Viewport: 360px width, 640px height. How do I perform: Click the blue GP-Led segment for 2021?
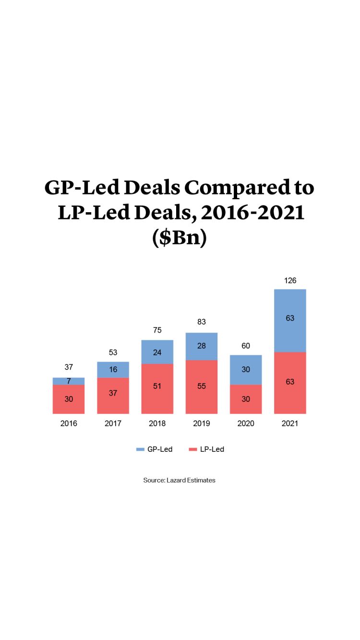coord(290,320)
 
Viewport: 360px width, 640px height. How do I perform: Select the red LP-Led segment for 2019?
coord(202,386)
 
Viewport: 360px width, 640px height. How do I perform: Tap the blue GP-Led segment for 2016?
coord(69,381)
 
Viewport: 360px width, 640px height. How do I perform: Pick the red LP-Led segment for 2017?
coord(113,395)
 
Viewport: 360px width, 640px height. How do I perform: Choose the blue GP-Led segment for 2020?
coord(246,370)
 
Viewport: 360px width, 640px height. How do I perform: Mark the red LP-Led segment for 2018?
coord(157,388)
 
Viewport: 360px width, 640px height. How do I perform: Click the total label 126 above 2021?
coord(290,280)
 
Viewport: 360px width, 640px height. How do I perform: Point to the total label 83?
coord(202,322)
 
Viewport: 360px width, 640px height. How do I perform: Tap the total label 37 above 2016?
coord(69,367)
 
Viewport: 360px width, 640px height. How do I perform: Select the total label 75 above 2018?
coord(157,330)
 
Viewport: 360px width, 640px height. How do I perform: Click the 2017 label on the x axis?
coord(113,423)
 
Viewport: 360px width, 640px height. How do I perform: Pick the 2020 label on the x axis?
coord(246,423)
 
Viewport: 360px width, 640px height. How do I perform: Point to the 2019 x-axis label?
coord(202,423)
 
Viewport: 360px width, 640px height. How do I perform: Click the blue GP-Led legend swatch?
coord(140,449)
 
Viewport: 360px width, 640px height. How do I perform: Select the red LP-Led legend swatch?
coord(193,449)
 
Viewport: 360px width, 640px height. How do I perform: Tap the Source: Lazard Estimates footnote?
coord(180,480)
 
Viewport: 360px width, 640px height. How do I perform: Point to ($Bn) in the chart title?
coord(180,238)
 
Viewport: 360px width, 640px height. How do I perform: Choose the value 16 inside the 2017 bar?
coord(113,369)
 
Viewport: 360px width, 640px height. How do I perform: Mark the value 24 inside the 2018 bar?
coord(157,352)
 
